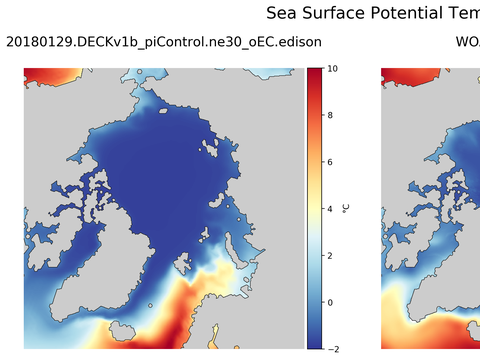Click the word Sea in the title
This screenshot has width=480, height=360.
(282, 13)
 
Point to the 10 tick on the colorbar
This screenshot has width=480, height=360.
(332, 69)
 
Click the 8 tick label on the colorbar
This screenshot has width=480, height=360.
(331, 116)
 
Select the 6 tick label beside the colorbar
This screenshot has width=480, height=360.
(331, 162)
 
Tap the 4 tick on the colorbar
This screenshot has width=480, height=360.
(331, 209)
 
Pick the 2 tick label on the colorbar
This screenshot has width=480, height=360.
(331, 255)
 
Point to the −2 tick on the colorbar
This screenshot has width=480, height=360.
(332, 348)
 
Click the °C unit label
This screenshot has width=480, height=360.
(346, 208)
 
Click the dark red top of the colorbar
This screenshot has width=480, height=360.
(314, 74)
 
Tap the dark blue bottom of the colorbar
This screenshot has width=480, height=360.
(314, 342)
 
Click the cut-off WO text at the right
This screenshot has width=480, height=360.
(467, 42)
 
